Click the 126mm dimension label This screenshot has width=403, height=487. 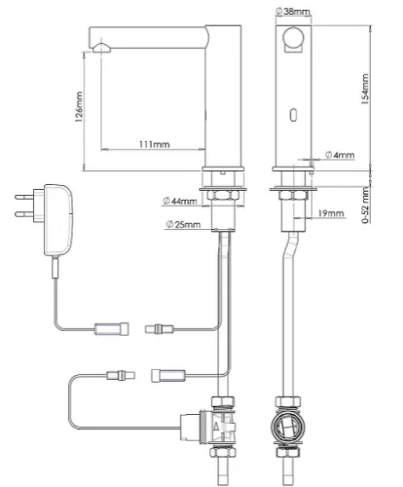click(x=79, y=106)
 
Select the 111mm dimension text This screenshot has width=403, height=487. click(x=155, y=144)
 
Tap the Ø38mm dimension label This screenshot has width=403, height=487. click(x=292, y=12)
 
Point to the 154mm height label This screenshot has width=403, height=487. click(x=365, y=89)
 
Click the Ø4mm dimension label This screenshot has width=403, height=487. click(x=340, y=155)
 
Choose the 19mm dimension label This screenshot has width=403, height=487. click(x=331, y=213)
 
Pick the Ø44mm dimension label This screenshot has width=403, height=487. click(x=179, y=202)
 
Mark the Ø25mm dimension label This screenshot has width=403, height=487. click(x=183, y=224)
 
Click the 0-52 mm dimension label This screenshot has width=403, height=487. click(x=366, y=206)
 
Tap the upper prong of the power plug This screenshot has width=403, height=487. click(x=24, y=197)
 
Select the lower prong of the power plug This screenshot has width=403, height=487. click(x=24, y=213)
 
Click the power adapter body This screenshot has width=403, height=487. click(x=58, y=220)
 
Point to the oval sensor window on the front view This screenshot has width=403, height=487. click(x=293, y=115)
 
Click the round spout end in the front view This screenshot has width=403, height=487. click(x=293, y=37)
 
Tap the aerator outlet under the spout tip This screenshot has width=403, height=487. click(x=101, y=48)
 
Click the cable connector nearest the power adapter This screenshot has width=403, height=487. click(x=111, y=329)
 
